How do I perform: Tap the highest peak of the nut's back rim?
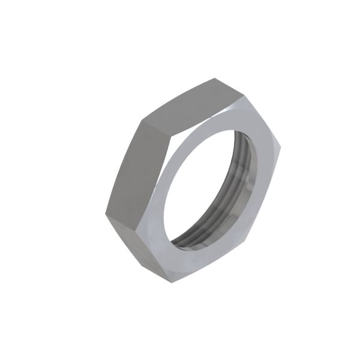click(x=213, y=77)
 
